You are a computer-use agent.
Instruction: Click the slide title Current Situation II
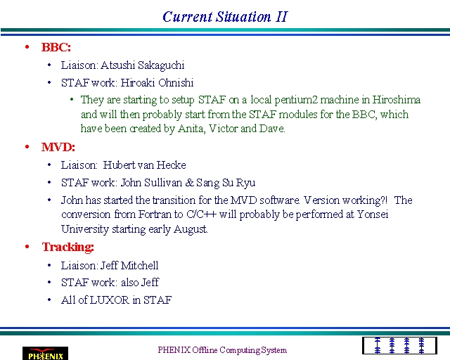[225, 17]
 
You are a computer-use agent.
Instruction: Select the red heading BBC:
[56, 47]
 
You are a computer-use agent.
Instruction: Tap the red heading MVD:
[58, 147]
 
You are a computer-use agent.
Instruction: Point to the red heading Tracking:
[68, 247]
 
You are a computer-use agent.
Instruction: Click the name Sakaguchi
[161, 65]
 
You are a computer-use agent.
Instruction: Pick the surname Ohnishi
[176, 83]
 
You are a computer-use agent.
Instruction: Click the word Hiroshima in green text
[397, 100]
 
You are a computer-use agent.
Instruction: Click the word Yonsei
[373, 214]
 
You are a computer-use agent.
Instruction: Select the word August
[191, 229]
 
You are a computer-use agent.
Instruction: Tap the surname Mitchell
[139, 266]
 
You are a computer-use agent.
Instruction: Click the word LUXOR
[110, 300]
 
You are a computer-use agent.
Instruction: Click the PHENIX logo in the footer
[45, 354]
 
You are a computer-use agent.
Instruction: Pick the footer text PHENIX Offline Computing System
[222, 350]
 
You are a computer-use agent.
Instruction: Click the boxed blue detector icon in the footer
[399, 346]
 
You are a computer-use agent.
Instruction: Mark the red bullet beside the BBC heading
[27, 47]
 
